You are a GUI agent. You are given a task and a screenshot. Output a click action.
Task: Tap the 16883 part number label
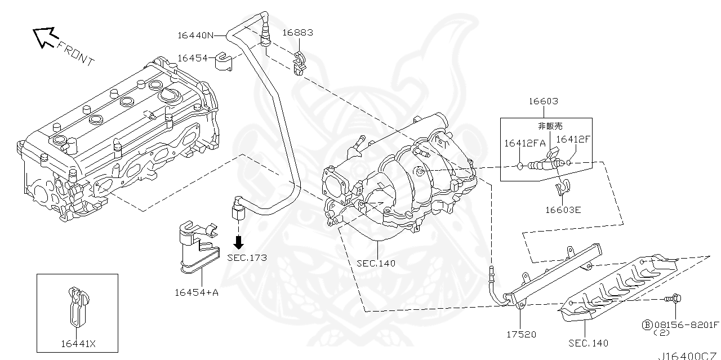(297, 33)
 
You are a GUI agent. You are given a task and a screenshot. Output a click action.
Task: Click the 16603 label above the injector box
(543, 102)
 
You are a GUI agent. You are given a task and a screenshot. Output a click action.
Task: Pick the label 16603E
(562, 210)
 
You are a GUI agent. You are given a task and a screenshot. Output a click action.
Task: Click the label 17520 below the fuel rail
(520, 334)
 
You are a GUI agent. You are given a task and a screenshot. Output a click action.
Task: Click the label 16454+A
(196, 292)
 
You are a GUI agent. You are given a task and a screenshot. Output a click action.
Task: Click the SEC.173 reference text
(247, 257)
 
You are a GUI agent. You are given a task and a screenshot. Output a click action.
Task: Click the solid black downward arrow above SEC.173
(239, 242)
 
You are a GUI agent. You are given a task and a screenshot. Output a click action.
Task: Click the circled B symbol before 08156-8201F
(647, 325)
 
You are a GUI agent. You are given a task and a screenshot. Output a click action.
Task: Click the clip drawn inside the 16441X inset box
(77, 307)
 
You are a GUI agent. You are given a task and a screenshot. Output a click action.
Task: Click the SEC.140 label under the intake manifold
(376, 263)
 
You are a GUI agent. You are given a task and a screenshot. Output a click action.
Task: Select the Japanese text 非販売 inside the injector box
(551, 126)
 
